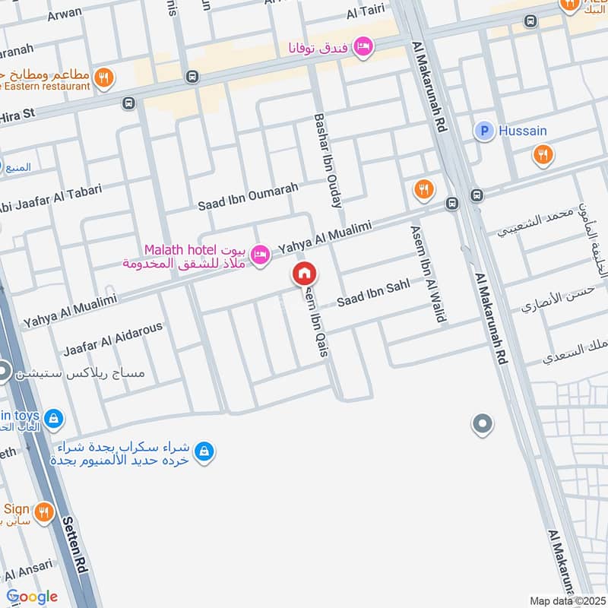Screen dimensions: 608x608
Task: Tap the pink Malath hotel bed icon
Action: pyautogui.click(x=261, y=255)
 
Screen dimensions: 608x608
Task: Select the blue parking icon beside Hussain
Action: pyautogui.click(x=484, y=131)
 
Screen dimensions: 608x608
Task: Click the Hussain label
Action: pyautogui.click(x=522, y=131)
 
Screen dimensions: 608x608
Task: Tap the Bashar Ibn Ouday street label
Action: pyautogui.click(x=328, y=160)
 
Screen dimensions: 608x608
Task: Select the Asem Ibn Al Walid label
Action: pyautogui.click(x=426, y=274)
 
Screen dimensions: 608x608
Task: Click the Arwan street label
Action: pyautogui.click(x=64, y=14)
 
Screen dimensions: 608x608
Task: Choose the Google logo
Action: pyautogui.click(x=31, y=596)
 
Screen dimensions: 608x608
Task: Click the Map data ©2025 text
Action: pyautogui.click(x=566, y=600)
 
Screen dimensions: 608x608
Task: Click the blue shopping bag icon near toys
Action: pyautogui.click(x=53, y=417)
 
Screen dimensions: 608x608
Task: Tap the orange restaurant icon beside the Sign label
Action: pyautogui.click(x=45, y=513)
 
